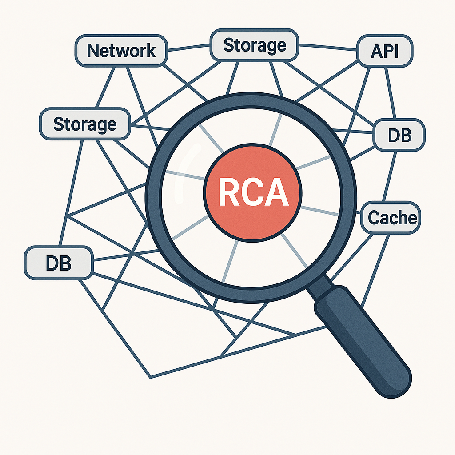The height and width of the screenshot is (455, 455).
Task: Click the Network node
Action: tap(121, 51)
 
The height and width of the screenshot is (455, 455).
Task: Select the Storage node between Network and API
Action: tap(254, 45)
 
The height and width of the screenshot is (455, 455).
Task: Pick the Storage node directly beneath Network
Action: tap(84, 124)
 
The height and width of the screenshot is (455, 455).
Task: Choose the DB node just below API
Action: tap(399, 135)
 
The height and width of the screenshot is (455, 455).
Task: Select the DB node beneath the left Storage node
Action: tap(58, 263)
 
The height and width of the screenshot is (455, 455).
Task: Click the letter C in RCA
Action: tap(253, 194)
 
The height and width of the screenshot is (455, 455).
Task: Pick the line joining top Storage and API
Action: tap(328, 47)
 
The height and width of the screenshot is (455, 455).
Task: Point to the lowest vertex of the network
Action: tap(151, 378)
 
